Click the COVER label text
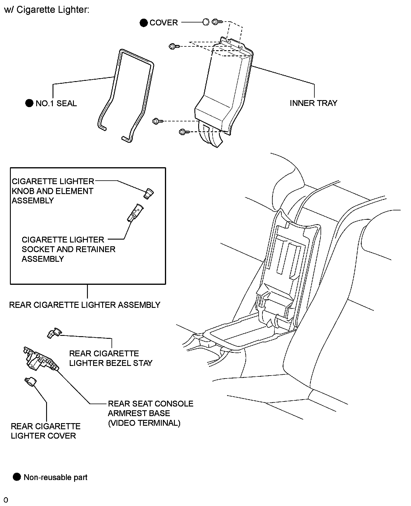(x=163, y=23)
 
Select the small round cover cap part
(x=206, y=22)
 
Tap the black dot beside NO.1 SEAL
(x=29, y=103)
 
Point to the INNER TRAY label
(x=313, y=103)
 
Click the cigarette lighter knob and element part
(x=149, y=193)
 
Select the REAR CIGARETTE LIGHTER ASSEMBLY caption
(x=85, y=305)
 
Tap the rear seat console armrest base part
(x=41, y=359)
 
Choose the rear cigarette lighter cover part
(x=30, y=381)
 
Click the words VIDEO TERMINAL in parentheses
(x=144, y=423)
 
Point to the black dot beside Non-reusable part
(x=17, y=477)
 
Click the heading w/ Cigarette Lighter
(x=46, y=10)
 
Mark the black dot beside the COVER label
(x=144, y=23)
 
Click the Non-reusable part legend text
(x=55, y=477)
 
